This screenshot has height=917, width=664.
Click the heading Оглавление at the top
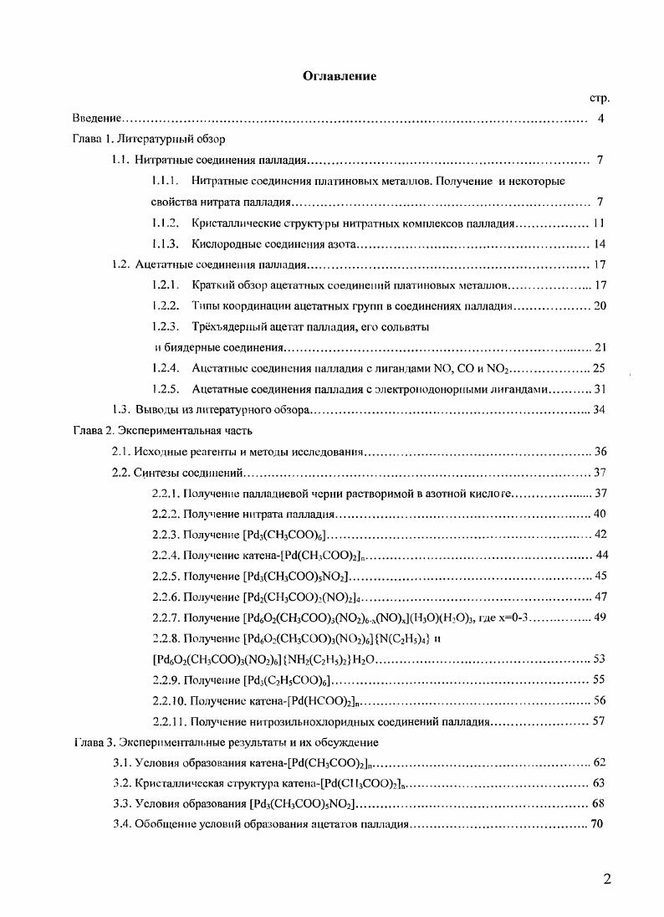340,77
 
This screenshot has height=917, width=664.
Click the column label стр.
600,98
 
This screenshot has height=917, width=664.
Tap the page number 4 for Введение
601,118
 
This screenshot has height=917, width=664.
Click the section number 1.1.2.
166,223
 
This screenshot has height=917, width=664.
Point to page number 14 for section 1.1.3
599,244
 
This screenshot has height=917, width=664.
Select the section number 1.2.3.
166,327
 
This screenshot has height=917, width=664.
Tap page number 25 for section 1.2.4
599,368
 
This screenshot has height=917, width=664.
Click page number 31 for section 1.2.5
599,389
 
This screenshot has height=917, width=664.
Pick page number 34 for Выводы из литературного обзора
599,410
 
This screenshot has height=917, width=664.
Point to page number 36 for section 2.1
599,452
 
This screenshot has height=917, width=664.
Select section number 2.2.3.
166,534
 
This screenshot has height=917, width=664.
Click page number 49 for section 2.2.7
599,617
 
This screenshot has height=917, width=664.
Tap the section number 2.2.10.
169,700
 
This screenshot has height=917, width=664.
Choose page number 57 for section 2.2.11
599,721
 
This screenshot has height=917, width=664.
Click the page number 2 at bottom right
607,879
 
